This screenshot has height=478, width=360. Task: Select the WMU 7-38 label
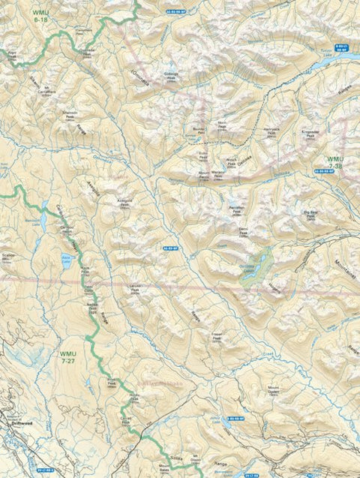(335, 163)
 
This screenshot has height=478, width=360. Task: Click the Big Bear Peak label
(313, 215)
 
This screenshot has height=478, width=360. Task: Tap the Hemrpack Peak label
(276, 131)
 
